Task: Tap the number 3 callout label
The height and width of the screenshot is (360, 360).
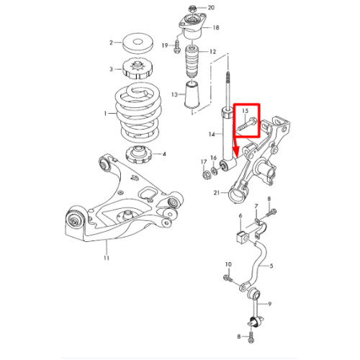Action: pos(111,69)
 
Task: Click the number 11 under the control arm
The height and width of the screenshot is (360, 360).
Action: pos(107,258)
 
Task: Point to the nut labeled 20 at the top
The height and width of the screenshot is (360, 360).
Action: pos(192,9)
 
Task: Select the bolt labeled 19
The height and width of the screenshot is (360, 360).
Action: pos(176,47)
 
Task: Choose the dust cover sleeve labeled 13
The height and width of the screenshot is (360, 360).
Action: pos(192,96)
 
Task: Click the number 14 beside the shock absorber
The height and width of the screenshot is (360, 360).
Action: pos(212,134)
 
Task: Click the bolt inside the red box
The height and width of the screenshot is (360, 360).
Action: pos(247,124)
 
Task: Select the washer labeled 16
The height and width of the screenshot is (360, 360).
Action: pos(214,171)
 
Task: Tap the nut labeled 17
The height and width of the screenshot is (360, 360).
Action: pos(205,175)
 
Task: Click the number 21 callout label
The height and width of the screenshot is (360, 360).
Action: pos(217,192)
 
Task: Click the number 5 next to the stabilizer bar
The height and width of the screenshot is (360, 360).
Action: pos(271,266)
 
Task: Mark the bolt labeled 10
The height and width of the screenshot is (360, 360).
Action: pos(228,279)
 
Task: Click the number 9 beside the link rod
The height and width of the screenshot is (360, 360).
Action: pos(270,304)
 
